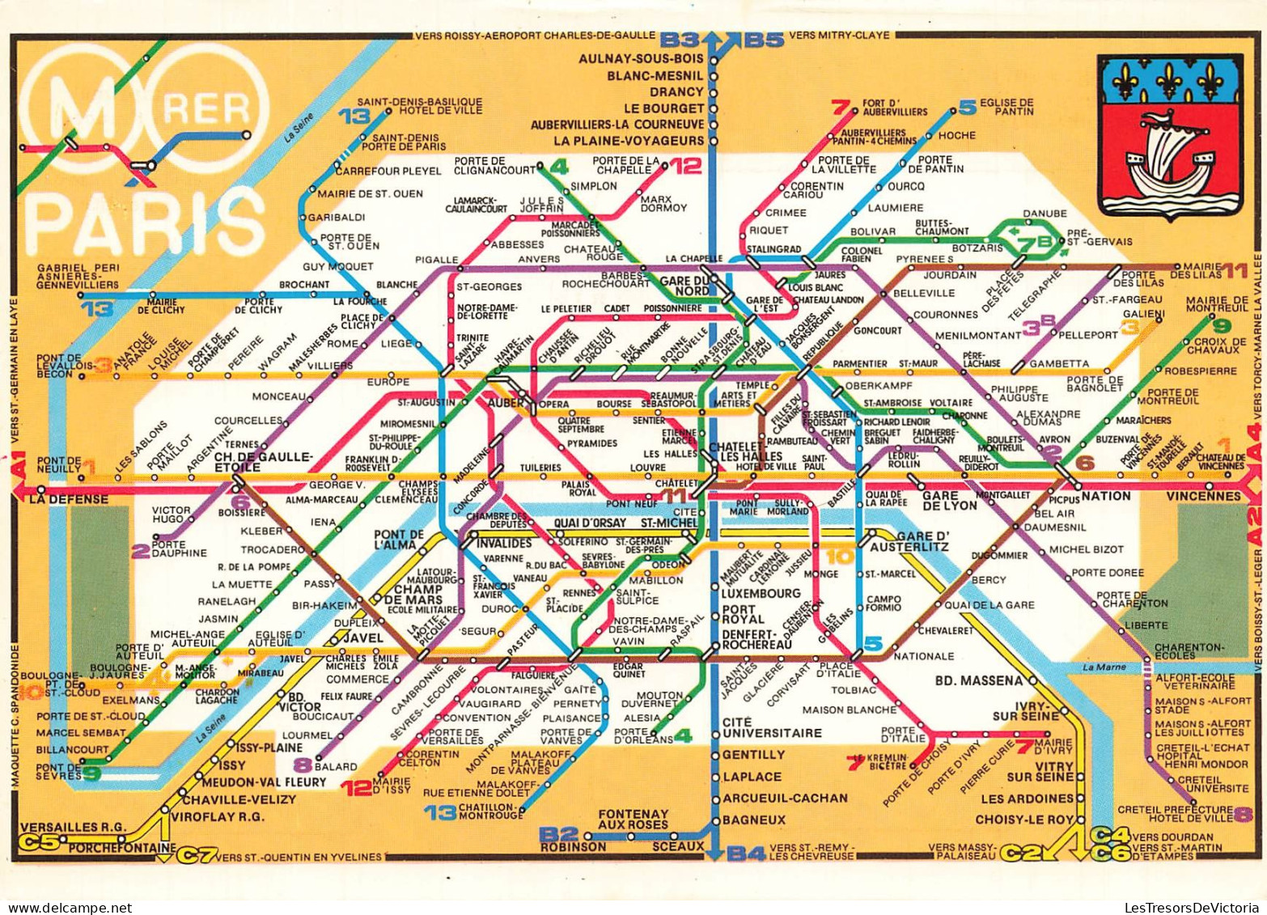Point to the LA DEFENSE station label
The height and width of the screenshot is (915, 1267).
point(69,499)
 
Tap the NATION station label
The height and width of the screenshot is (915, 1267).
point(1105,495)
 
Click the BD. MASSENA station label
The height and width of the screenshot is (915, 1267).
point(978,680)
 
